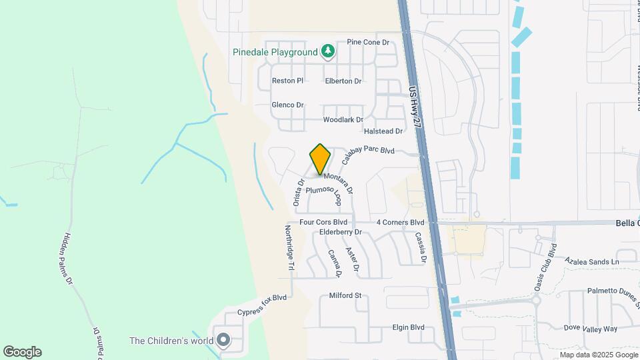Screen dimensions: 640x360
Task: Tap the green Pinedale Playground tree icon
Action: pyautogui.click(x=327, y=51)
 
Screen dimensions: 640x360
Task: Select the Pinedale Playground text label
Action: pyautogui.click(x=275, y=52)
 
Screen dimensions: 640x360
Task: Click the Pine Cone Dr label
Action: pyautogui.click(x=368, y=43)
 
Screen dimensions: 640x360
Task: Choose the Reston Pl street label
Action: pyautogui.click(x=287, y=81)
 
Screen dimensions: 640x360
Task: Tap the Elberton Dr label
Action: pyautogui.click(x=343, y=81)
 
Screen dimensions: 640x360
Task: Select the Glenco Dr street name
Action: pyautogui.click(x=287, y=105)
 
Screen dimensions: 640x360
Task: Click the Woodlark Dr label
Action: pyautogui.click(x=343, y=120)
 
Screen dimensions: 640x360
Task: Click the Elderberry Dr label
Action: pyautogui.click(x=340, y=232)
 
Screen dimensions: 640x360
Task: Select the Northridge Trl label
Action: pyautogui.click(x=289, y=247)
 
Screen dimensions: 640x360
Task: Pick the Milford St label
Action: pyautogui.click(x=345, y=295)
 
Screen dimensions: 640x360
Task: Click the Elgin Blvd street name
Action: pyautogui.click(x=408, y=327)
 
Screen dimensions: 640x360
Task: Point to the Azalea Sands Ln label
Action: pyautogui.click(x=591, y=262)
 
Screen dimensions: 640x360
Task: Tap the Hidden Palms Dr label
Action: pyautogui.click(x=69, y=259)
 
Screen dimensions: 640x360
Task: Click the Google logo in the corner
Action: pyautogui.click(x=22, y=352)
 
